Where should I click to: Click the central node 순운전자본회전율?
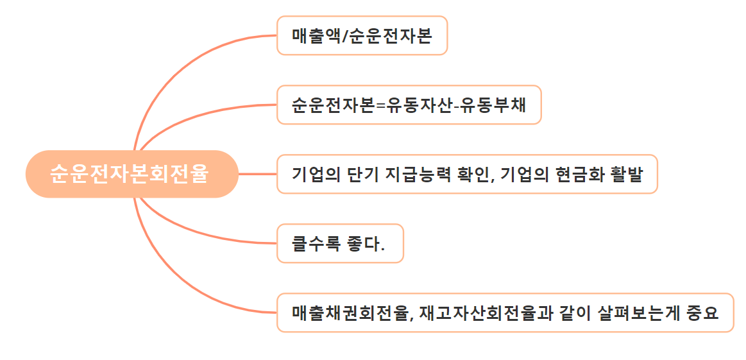131,174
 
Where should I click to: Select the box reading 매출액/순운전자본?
362,35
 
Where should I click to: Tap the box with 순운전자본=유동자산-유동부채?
409,105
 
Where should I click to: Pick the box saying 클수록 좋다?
340,243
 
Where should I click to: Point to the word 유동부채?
497,105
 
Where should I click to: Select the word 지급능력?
420,174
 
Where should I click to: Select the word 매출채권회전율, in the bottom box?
352,313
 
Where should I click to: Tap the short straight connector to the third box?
257,174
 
